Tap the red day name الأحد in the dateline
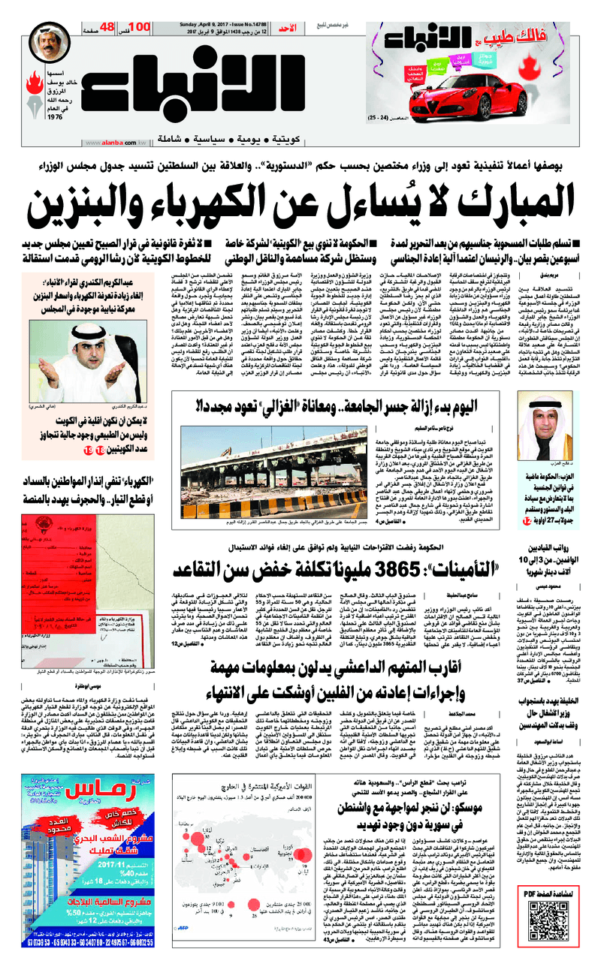click(297, 29)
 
